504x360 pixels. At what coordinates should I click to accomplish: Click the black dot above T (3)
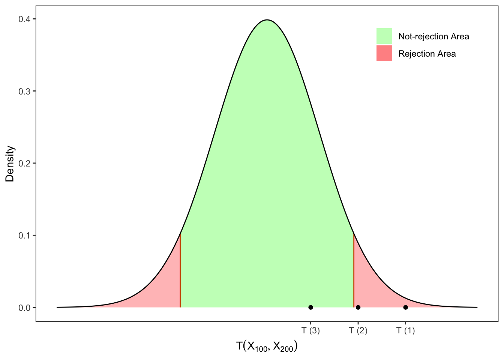point(310,307)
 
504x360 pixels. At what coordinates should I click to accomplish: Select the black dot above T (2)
point(358,307)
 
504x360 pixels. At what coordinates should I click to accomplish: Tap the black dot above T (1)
point(405,307)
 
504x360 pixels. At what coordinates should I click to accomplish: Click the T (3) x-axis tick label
point(310,331)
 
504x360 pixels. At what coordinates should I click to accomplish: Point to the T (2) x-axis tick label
point(358,331)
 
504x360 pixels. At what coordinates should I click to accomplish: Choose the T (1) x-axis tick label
point(405,331)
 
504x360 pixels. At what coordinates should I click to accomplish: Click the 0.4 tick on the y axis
point(24,19)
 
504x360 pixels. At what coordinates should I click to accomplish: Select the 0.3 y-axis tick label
point(24,91)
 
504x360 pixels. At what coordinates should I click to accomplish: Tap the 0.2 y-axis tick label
point(24,163)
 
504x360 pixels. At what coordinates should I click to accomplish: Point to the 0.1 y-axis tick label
point(24,235)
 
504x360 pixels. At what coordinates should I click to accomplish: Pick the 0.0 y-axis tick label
point(24,307)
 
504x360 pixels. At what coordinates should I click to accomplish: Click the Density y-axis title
point(10,163)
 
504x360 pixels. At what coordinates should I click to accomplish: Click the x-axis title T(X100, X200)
point(267,346)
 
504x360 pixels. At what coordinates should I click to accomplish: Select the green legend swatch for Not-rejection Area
point(384,36)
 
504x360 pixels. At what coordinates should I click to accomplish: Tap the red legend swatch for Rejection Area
point(384,53)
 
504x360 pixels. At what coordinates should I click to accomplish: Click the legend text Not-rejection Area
point(433,36)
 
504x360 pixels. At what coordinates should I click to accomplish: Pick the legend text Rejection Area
point(427,54)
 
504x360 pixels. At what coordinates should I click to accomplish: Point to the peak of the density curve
point(267,20)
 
